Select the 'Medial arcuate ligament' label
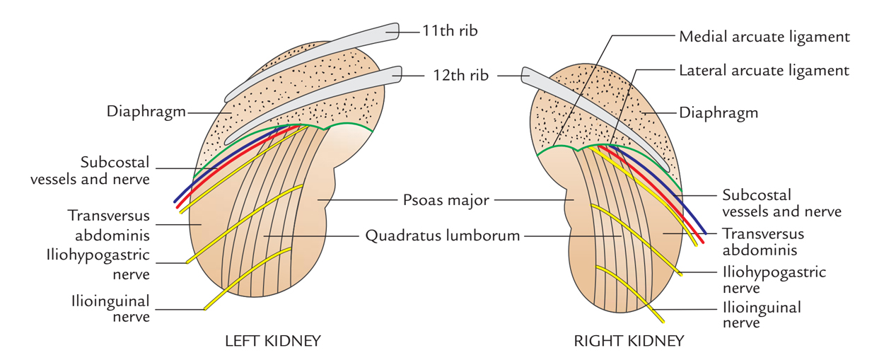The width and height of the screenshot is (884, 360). click(x=764, y=36)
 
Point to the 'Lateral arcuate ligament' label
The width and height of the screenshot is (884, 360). click(x=764, y=71)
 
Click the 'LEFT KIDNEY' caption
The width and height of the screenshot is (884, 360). click(x=272, y=341)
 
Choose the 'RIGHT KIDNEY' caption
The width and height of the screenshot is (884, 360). click(x=629, y=341)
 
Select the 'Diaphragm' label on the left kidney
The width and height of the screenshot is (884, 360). click(x=146, y=112)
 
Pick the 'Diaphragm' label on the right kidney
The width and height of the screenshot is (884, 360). click(x=719, y=112)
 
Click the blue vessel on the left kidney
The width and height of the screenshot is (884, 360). click(x=212, y=170)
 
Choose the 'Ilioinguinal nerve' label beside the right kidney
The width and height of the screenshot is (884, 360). click(x=761, y=315)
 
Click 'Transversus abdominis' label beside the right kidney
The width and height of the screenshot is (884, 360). click(x=762, y=241)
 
